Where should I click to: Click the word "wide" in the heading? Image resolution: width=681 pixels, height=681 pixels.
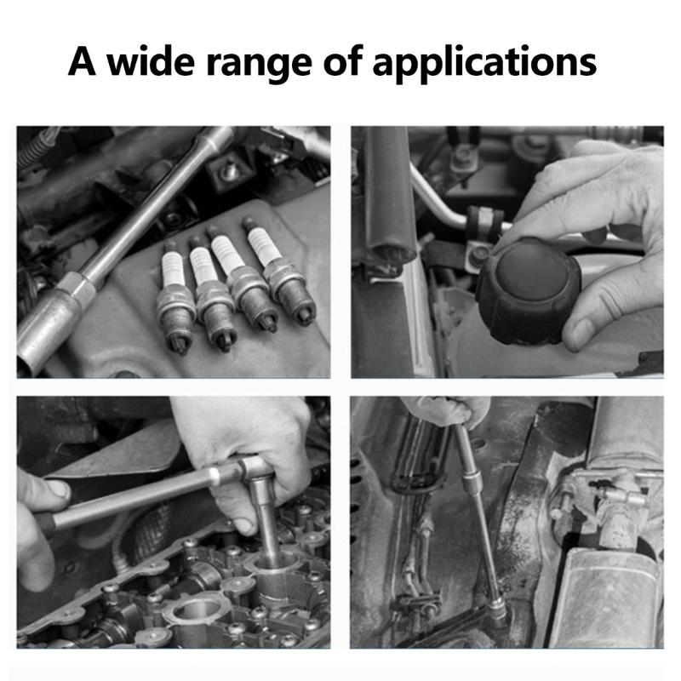click(x=151, y=60)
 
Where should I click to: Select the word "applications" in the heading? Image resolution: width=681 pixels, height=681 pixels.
click(x=484, y=61)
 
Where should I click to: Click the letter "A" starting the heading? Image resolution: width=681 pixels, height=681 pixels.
click(x=82, y=60)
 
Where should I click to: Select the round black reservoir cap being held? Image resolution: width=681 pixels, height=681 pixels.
click(x=528, y=290)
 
